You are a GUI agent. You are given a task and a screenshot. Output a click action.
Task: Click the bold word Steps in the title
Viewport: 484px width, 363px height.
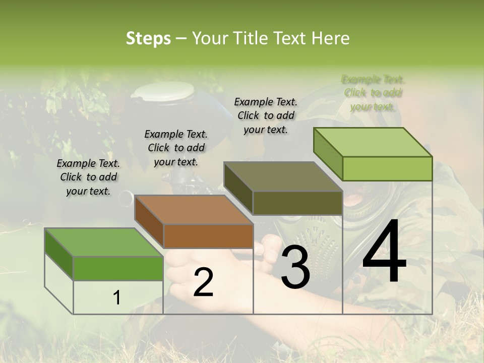pyautogui.click(x=148, y=38)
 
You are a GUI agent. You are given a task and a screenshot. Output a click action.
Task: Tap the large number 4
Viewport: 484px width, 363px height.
pyautogui.click(x=384, y=252)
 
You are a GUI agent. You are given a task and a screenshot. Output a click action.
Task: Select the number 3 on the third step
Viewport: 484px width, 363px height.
pyautogui.click(x=295, y=269)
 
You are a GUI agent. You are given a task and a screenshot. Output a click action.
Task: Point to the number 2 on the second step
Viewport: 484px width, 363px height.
pyautogui.click(x=203, y=283)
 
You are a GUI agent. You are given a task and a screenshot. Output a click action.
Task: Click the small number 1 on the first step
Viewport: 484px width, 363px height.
pyautogui.click(x=117, y=298)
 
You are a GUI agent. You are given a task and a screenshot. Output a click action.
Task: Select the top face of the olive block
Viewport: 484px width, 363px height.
pyautogui.click(x=283, y=177)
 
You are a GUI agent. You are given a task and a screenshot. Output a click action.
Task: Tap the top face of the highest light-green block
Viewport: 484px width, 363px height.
pyautogui.click(x=373, y=142)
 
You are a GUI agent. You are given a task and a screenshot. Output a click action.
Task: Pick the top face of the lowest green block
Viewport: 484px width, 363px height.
pyautogui.click(x=104, y=243)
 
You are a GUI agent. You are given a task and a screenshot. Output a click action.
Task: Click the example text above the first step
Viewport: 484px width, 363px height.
pyautogui.click(x=88, y=177)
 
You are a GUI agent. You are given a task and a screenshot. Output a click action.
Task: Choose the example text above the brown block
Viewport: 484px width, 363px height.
pyautogui.click(x=176, y=148)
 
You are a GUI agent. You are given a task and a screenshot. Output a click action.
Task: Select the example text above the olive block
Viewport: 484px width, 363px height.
pyautogui.click(x=266, y=116)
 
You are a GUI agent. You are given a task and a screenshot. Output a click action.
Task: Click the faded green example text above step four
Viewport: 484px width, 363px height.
pyautogui.click(x=373, y=93)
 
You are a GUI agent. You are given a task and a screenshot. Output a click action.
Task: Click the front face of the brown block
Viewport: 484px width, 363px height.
pyautogui.click(x=208, y=236)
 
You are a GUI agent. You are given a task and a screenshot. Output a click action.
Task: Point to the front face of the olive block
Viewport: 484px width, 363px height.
pyautogui.click(x=297, y=203)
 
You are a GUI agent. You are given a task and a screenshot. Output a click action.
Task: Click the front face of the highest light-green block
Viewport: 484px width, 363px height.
pyautogui.click(x=387, y=168)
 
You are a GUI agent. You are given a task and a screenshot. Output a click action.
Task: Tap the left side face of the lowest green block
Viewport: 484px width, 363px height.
pyautogui.click(x=58, y=253)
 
